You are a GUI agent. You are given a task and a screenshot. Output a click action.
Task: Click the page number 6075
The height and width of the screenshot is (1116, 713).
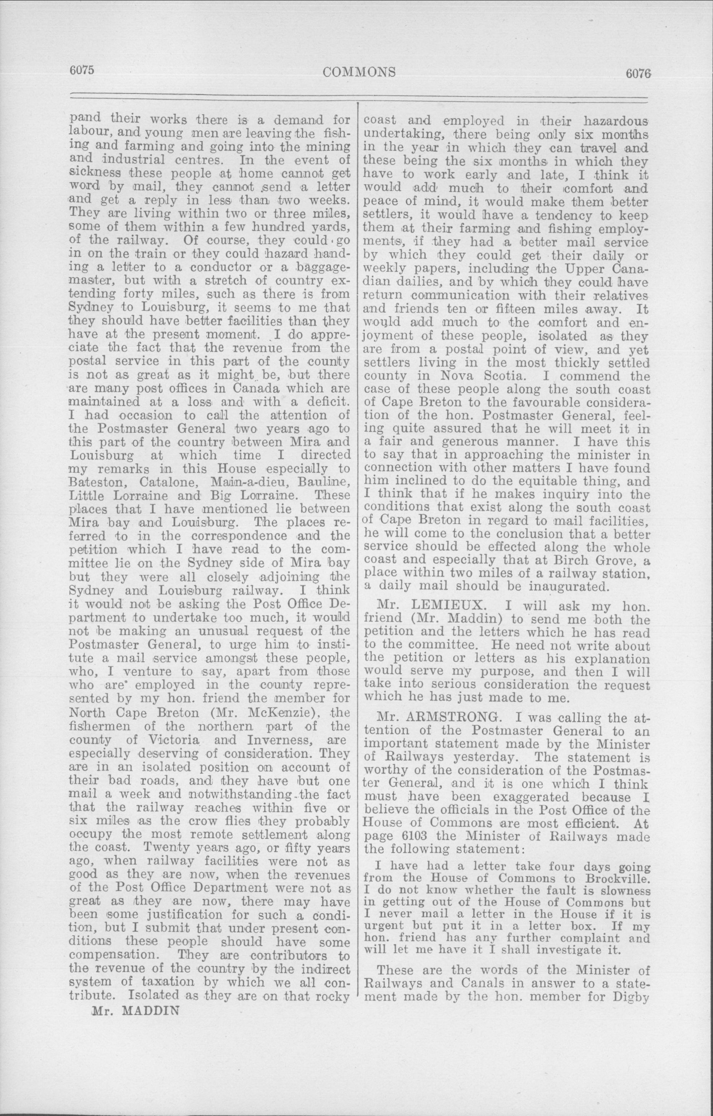[x=82, y=71]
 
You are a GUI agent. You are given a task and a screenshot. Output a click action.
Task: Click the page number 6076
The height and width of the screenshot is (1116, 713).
[x=638, y=73]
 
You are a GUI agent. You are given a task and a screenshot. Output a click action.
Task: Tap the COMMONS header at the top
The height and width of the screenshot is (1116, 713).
[x=359, y=71]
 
